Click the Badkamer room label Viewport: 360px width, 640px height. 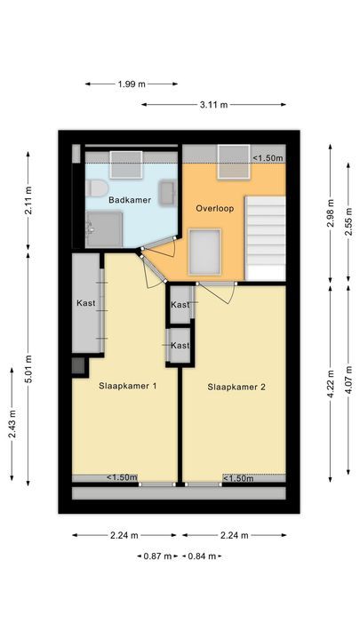pyautogui.click(x=130, y=201)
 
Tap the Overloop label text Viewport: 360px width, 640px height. pyautogui.click(x=213, y=208)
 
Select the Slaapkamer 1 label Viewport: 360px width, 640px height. pyautogui.click(x=127, y=387)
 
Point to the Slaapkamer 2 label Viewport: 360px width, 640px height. pyautogui.click(x=237, y=387)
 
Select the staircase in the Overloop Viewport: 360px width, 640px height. pyautogui.click(x=266, y=236)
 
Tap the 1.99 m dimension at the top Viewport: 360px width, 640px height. pyautogui.click(x=132, y=84)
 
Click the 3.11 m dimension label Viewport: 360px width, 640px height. pyautogui.click(x=213, y=104)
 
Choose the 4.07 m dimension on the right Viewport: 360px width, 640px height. pyautogui.click(x=349, y=380)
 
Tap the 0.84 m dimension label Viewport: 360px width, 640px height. pyautogui.click(x=200, y=556)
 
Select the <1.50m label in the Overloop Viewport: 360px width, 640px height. pyautogui.click(x=267, y=158)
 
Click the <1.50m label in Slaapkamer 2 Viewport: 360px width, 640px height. pyautogui.click(x=239, y=478)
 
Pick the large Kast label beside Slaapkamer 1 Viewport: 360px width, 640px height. pyautogui.click(x=86, y=303)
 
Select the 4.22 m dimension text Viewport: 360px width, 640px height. pyautogui.click(x=331, y=384)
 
